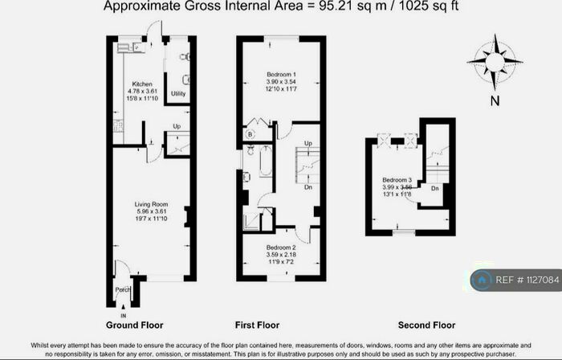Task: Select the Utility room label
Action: (x=177, y=94)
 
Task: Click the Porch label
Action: (x=122, y=290)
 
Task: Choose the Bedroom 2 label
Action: (x=281, y=247)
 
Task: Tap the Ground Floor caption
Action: (x=135, y=325)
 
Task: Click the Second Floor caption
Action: (x=426, y=325)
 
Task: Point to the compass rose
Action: (x=494, y=61)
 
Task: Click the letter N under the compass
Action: (x=495, y=101)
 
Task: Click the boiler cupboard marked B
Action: (x=250, y=133)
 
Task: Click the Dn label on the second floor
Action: (x=434, y=188)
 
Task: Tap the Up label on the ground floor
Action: (x=177, y=126)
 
